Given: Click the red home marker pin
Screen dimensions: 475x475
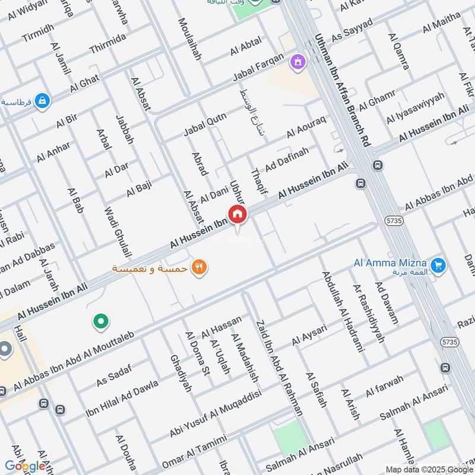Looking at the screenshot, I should tap(237, 214).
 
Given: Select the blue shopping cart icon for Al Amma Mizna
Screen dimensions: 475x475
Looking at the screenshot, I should tap(439, 264).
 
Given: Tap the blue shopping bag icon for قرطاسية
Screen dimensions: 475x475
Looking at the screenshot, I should tap(42, 102).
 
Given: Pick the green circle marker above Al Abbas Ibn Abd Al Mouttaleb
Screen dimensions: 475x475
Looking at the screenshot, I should tap(101, 322).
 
